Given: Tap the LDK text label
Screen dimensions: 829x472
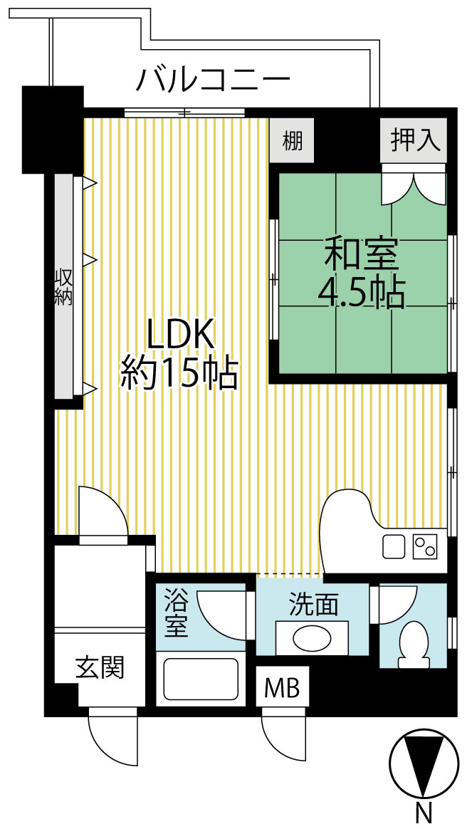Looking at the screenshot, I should coord(180,335).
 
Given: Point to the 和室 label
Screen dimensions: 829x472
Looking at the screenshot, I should coord(362,254).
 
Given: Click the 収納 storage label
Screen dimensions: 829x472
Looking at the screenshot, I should coord(64,286).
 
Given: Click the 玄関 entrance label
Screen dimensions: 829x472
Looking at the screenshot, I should coord(100,667).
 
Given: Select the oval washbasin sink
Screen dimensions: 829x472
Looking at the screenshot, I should coord(312,637).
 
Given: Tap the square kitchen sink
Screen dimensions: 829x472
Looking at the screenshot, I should coord(394,547).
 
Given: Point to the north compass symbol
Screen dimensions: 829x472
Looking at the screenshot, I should coord(424,762).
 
